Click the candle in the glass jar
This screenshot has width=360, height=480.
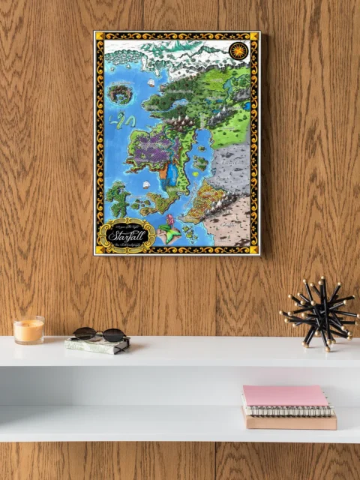pyautogui.click(x=28, y=331)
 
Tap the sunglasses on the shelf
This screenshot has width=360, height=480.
pyautogui.click(x=99, y=334)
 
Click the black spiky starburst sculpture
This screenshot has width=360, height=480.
pyautogui.click(x=320, y=313)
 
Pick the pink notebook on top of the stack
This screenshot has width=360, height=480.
pyautogui.click(x=284, y=396)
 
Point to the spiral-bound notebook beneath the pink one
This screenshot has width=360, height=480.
pyautogui.click(x=289, y=410)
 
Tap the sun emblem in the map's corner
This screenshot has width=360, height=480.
pyautogui.click(x=238, y=50)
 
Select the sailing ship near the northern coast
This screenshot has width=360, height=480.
pyautogui.click(x=151, y=82)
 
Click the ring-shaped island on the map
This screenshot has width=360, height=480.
pyautogui.click(x=120, y=93)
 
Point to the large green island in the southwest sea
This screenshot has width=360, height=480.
pyautogui.click(x=117, y=199)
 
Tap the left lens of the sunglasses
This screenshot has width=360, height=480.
pyautogui.click(x=88, y=333)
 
